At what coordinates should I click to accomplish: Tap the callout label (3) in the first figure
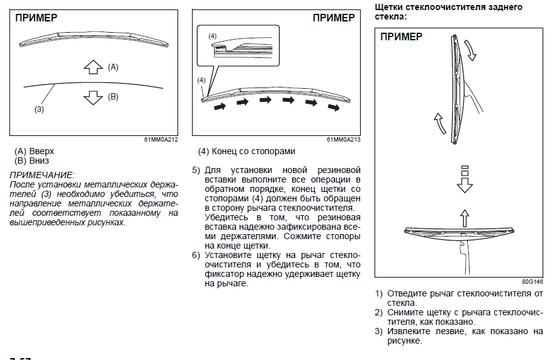click(39, 109)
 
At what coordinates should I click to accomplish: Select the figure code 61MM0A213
click(344, 140)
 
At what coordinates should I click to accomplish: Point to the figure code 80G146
click(533, 282)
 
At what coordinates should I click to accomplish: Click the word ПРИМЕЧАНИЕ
click(42, 174)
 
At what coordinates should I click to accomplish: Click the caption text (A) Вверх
click(34, 152)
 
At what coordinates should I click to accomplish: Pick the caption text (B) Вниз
click(31, 160)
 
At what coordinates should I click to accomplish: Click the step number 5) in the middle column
click(196, 171)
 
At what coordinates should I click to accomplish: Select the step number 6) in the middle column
click(196, 256)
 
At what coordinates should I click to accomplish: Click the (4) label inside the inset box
click(213, 37)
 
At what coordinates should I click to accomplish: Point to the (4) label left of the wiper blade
click(201, 80)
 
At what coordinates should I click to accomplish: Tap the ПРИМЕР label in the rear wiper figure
click(402, 37)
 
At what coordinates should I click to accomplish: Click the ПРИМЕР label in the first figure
click(36, 18)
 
